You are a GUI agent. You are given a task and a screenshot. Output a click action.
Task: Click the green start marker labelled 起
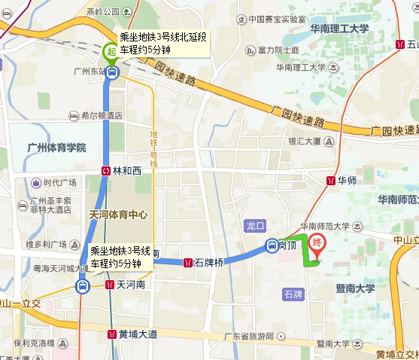111,51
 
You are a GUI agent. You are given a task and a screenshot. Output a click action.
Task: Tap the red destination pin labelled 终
317,243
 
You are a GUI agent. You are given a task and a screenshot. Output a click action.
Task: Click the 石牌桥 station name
210,263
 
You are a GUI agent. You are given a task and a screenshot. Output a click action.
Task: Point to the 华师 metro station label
347,180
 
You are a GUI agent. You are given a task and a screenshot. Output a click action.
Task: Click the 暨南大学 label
355,288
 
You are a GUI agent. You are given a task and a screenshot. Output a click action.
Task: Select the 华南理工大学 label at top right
339,29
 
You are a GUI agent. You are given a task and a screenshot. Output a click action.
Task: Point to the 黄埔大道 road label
138,334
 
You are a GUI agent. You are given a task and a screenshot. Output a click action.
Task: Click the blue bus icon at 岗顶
271,245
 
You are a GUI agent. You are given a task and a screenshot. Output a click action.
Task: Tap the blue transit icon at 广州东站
112,72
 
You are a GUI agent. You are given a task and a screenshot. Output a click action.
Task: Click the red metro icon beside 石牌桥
187,262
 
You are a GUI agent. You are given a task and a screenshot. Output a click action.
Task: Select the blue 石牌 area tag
292,294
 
